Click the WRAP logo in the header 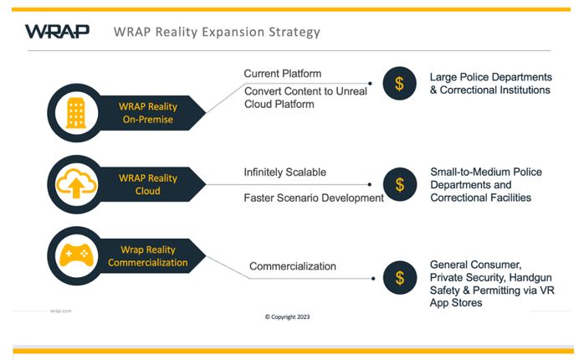[x=57, y=33]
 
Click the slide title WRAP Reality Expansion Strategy [x=217, y=33]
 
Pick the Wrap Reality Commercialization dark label [x=146, y=255]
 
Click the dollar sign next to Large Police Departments [x=399, y=84]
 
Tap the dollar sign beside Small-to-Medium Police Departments [x=399, y=184]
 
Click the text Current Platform [x=282, y=74]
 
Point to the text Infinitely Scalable [x=284, y=172]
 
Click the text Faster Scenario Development [x=313, y=198]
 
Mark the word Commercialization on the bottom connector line [x=293, y=267]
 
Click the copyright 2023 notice [x=287, y=317]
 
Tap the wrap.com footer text [x=60, y=310]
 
